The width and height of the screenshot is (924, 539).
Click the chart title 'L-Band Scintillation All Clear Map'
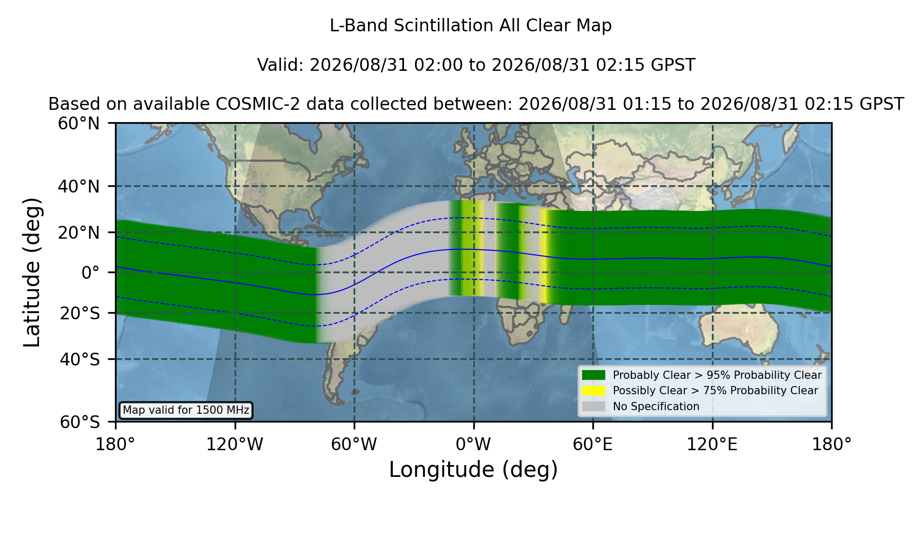(x=471, y=26)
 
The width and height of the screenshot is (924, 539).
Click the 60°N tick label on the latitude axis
(x=79, y=124)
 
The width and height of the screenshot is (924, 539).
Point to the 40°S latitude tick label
(x=80, y=359)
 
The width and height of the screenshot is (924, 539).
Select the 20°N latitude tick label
(x=79, y=233)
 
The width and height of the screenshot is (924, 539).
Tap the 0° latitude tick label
(x=90, y=273)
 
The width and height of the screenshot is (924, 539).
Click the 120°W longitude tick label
(x=235, y=444)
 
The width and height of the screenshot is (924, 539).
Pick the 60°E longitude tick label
(x=593, y=444)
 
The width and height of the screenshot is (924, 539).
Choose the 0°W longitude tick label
(x=474, y=444)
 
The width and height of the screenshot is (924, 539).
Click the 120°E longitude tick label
(x=713, y=444)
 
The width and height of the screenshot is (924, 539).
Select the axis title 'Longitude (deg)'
(x=473, y=470)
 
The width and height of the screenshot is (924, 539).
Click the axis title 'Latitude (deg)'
(x=32, y=272)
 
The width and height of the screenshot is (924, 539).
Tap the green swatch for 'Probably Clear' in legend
(x=593, y=375)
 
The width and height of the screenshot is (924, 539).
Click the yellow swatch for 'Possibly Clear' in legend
(x=593, y=391)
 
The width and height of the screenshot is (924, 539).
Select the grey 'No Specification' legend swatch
(x=593, y=407)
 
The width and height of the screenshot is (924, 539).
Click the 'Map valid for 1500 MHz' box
(x=186, y=410)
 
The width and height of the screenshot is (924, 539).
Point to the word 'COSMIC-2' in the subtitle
(x=249, y=104)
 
